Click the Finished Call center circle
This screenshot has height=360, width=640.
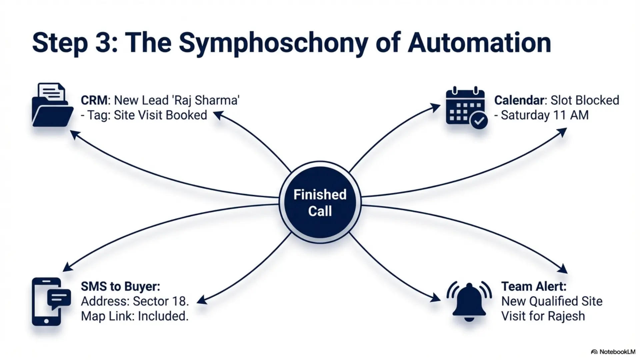(x=320, y=202)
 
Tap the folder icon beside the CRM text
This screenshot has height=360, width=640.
(x=53, y=105)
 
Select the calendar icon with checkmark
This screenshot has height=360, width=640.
(x=466, y=108)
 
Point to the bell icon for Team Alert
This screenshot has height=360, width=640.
(x=469, y=302)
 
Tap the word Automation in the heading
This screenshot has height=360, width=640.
(x=479, y=43)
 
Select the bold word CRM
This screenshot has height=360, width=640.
(x=94, y=100)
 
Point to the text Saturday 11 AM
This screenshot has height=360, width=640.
(x=545, y=115)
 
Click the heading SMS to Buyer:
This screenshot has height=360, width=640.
(x=121, y=286)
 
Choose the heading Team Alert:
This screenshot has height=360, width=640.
(x=534, y=286)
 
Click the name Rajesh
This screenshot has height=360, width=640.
(x=566, y=316)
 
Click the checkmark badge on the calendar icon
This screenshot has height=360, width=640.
(x=479, y=120)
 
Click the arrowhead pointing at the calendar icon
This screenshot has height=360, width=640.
(x=435, y=107)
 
